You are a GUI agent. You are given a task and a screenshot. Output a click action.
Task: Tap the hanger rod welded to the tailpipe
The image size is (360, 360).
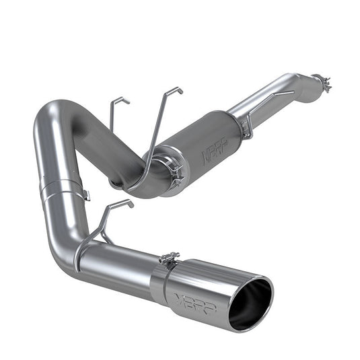point(101,225)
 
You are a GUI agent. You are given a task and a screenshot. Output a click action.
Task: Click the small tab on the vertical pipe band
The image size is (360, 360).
point(86,195)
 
